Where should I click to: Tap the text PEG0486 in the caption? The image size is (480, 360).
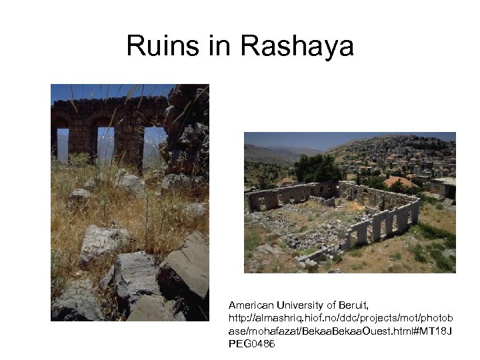click(x=251, y=345)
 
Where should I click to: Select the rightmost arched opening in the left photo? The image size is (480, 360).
click(x=153, y=143)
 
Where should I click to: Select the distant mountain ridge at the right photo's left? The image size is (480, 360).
click(x=267, y=153)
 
